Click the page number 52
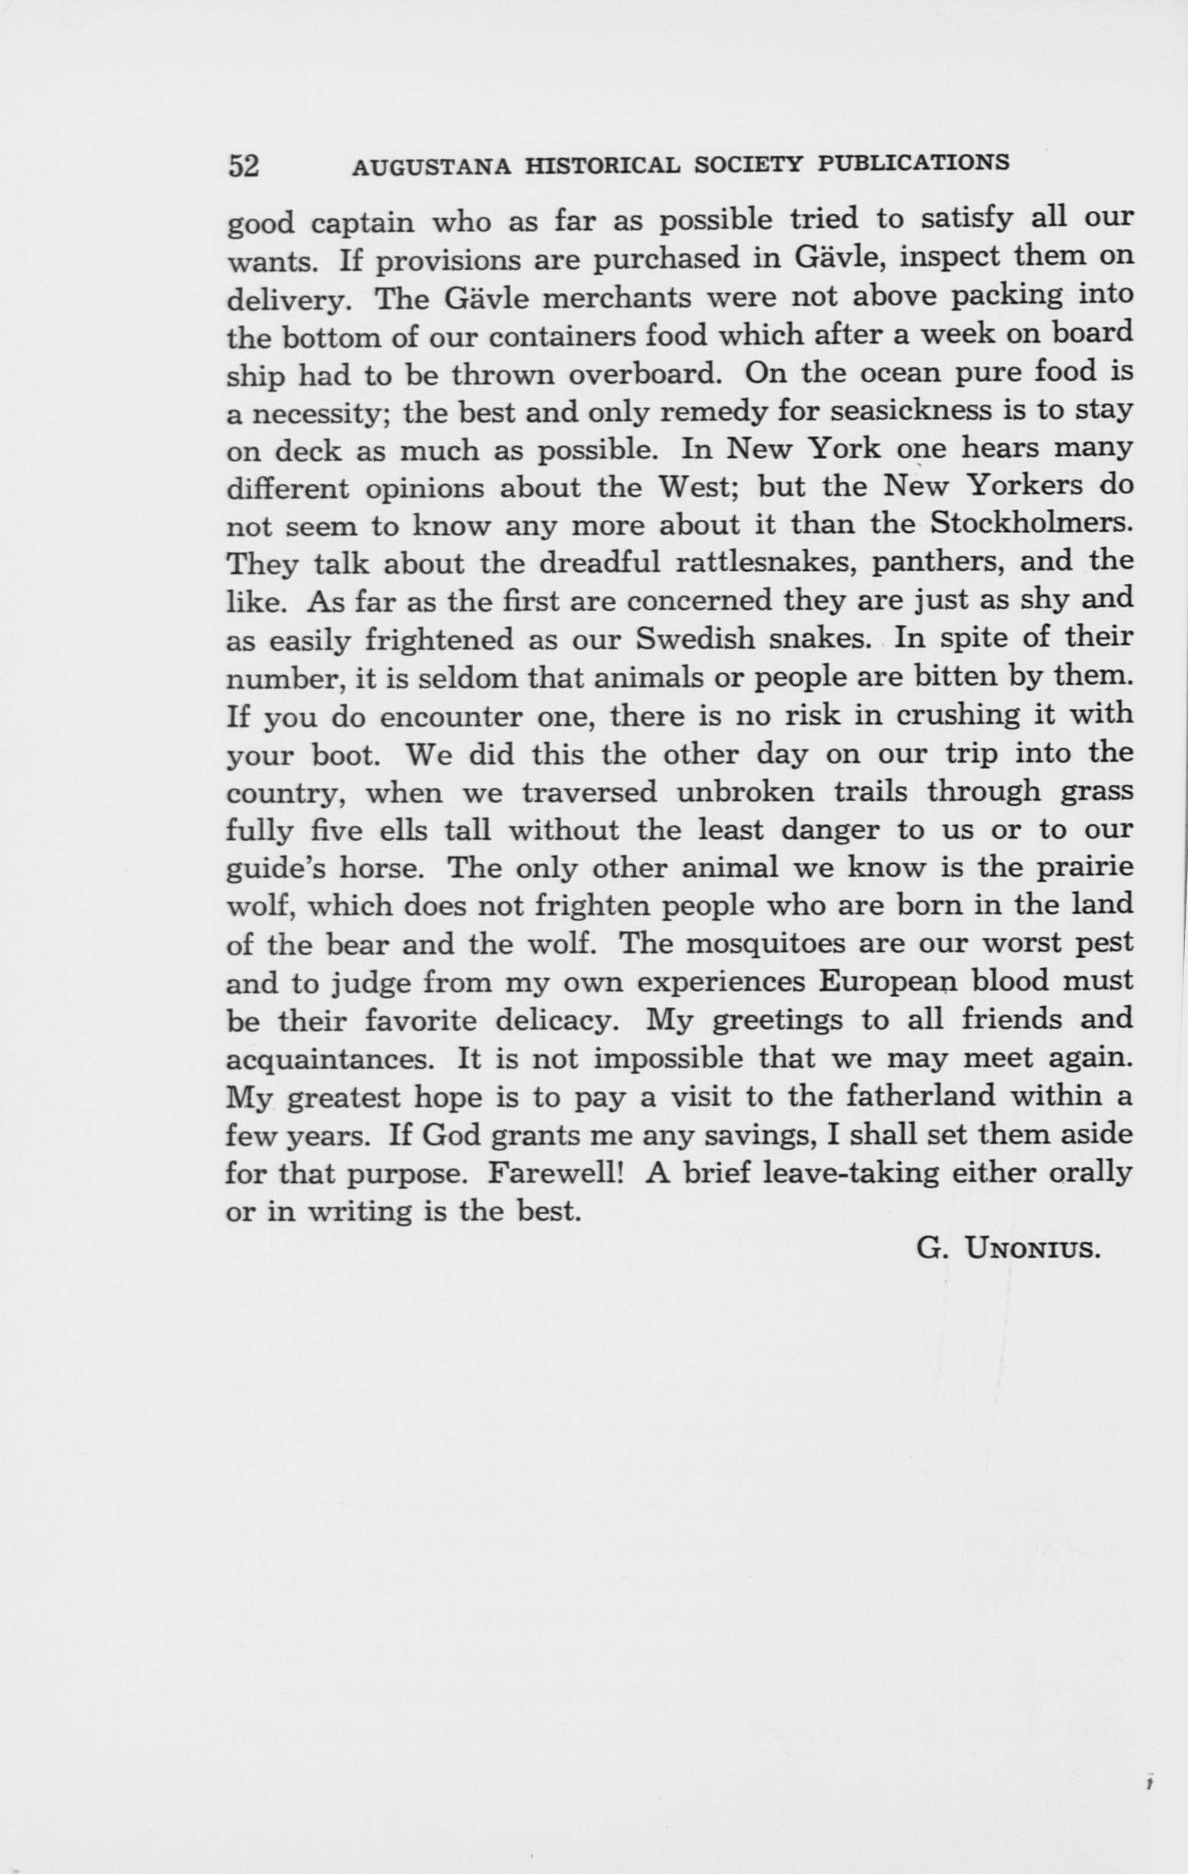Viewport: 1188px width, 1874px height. [243, 167]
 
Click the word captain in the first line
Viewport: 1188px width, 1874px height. [362, 224]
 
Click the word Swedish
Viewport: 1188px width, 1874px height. [696, 639]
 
